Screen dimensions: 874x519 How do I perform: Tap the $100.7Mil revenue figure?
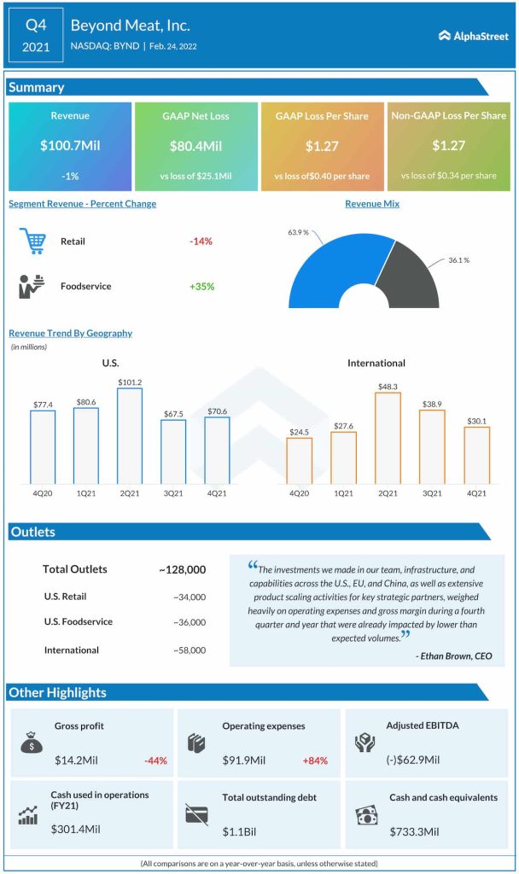(70, 146)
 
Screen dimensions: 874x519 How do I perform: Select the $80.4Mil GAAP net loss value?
(196, 146)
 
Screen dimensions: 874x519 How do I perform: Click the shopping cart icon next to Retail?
(32, 242)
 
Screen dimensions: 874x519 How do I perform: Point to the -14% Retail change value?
(201, 242)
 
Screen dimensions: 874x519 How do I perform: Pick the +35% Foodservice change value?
(201, 286)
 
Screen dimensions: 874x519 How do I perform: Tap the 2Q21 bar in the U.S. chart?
(129, 436)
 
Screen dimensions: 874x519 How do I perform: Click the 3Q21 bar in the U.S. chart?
(173, 452)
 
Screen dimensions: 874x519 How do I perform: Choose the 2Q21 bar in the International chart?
(388, 438)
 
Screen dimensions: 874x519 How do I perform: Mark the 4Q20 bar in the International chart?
(299, 461)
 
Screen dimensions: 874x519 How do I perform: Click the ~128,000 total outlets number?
(182, 569)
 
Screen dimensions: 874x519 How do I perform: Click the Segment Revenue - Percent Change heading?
(82, 204)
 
